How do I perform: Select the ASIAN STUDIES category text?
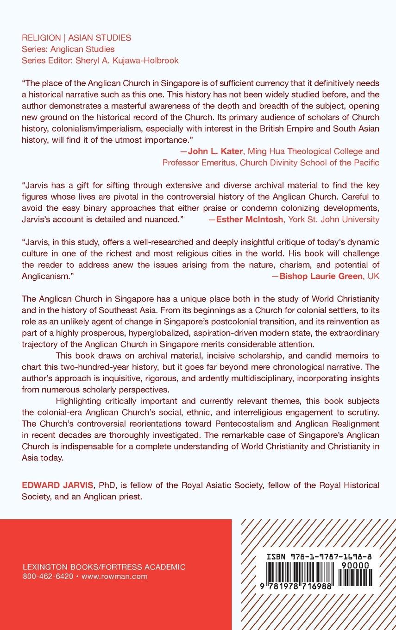tap(100, 38)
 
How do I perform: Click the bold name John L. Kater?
tap(210, 151)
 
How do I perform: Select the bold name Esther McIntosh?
tap(250, 219)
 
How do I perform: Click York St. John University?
tap(333, 219)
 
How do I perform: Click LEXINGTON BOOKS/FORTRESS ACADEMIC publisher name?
tap(104, 567)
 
